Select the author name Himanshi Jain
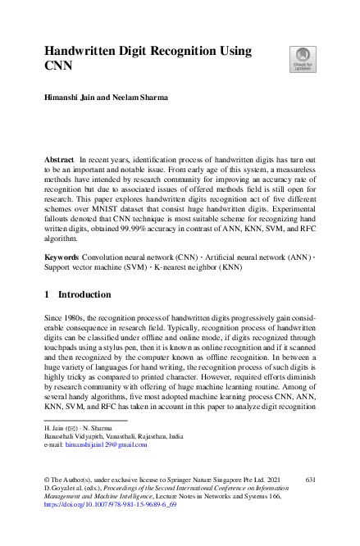click(68, 97)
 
